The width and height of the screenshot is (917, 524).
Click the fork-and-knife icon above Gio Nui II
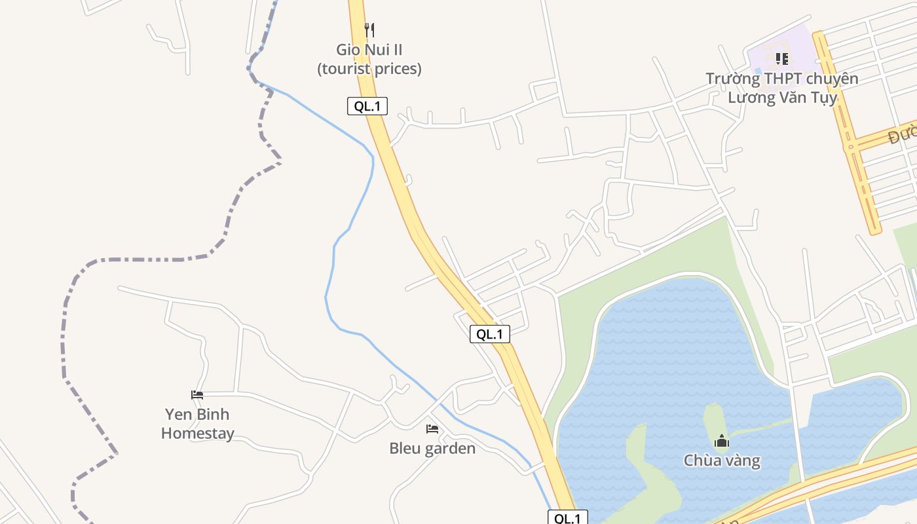[369, 29]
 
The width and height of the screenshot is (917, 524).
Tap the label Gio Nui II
[369, 50]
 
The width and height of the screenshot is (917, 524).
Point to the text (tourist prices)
[369, 68]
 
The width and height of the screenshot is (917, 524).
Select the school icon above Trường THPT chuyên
[781, 59]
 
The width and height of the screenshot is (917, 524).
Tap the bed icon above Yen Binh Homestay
[197, 395]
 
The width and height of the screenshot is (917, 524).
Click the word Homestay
[197, 433]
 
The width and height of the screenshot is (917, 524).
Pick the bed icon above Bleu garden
[432, 429]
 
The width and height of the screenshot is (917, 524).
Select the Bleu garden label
[432, 449]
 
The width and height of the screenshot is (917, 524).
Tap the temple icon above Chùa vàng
[722, 441]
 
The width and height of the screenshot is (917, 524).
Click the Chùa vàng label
[722, 460]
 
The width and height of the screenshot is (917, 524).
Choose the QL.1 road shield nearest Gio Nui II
[367, 106]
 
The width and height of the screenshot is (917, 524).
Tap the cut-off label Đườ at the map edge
[903, 136]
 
